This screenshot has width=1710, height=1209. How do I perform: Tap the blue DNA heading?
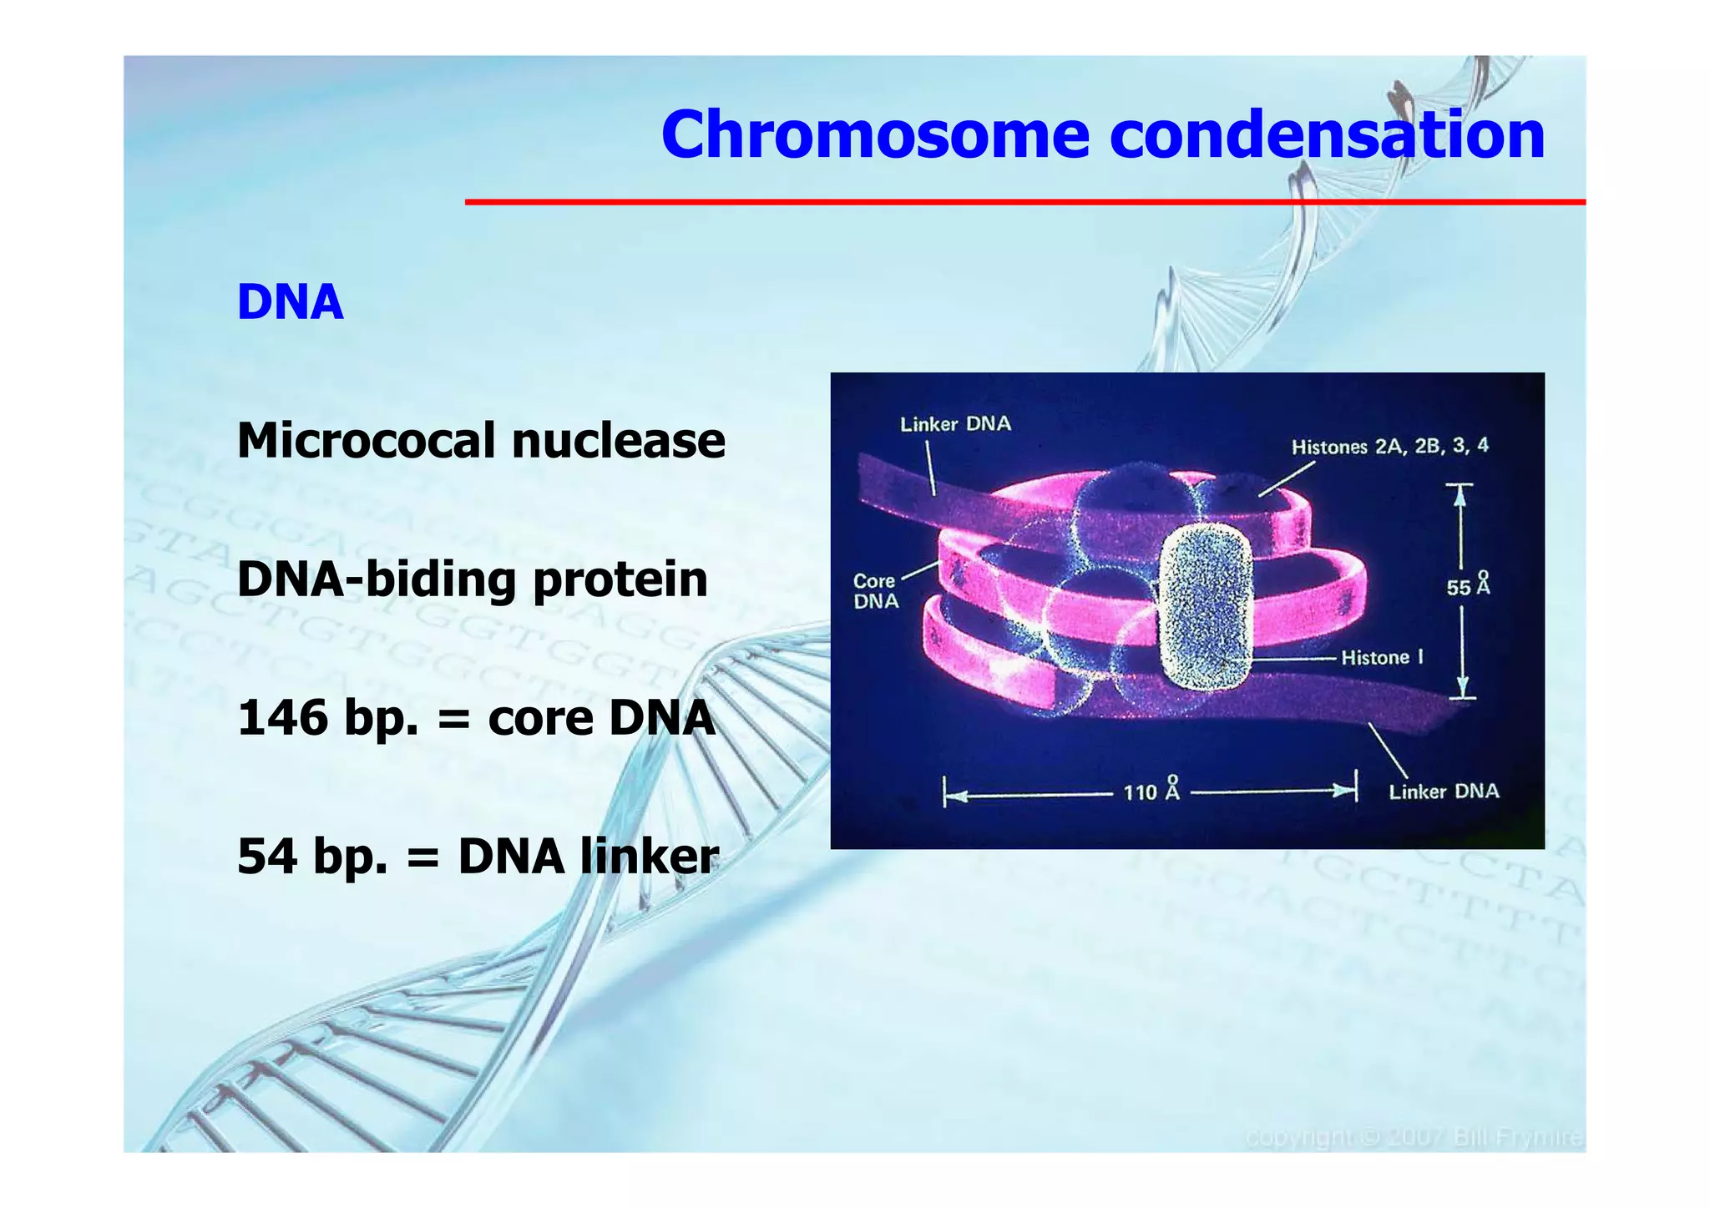click(x=290, y=301)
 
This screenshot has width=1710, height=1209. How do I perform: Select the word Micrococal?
click(x=367, y=440)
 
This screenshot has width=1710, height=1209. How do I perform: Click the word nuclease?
click(x=618, y=441)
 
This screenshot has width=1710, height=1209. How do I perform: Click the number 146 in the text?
click(x=282, y=717)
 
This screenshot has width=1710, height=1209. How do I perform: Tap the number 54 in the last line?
click(x=267, y=856)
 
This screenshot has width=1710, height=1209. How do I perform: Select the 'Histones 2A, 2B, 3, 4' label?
click(x=1389, y=446)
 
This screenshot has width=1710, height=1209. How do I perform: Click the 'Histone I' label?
click(x=1382, y=658)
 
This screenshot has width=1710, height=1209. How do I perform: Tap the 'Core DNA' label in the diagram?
click(x=875, y=591)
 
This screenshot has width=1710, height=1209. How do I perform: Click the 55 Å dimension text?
click(x=1468, y=586)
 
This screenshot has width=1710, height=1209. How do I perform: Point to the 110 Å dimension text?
click(x=1151, y=790)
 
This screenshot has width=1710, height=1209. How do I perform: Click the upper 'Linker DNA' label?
click(x=955, y=424)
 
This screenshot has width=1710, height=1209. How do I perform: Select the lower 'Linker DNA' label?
click(x=1444, y=792)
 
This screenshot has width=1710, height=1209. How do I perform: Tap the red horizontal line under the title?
click(x=1024, y=202)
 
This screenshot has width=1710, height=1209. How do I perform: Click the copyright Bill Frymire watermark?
click(x=1413, y=1138)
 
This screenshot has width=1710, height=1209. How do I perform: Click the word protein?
click(x=620, y=579)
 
